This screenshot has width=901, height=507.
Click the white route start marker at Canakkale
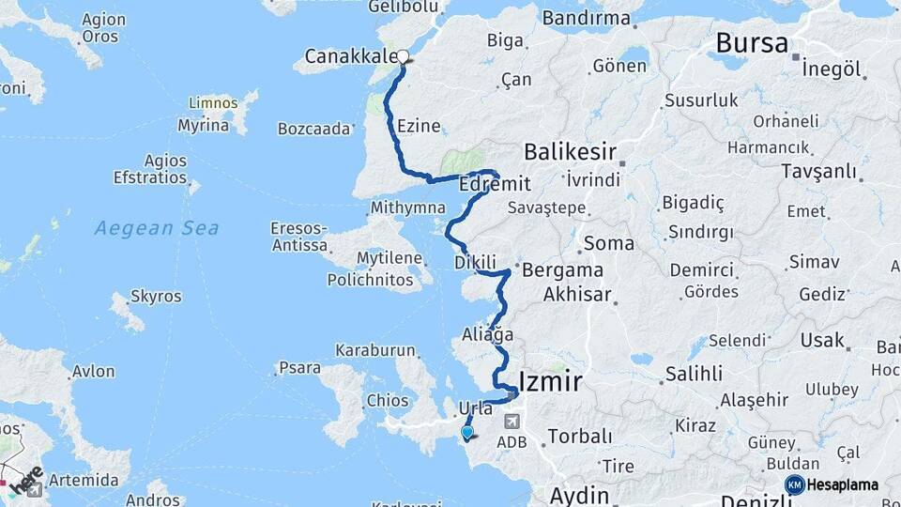[404, 57]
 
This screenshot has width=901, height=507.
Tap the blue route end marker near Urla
[467, 432]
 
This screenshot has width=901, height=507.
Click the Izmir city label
[551, 381]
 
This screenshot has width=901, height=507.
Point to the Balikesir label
[570, 152]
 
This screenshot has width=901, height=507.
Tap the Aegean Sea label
[157, 227]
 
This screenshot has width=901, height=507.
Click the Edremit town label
[496, 185]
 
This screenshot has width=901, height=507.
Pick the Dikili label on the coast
[474, 262]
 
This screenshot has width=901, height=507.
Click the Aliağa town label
[488, 334]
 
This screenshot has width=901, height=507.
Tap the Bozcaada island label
[314, 130]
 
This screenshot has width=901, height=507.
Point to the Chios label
[388, 401]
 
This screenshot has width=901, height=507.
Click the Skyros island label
[157, 297]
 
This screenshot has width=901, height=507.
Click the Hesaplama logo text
[842, 485]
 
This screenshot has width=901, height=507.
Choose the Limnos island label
[213, 102]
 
